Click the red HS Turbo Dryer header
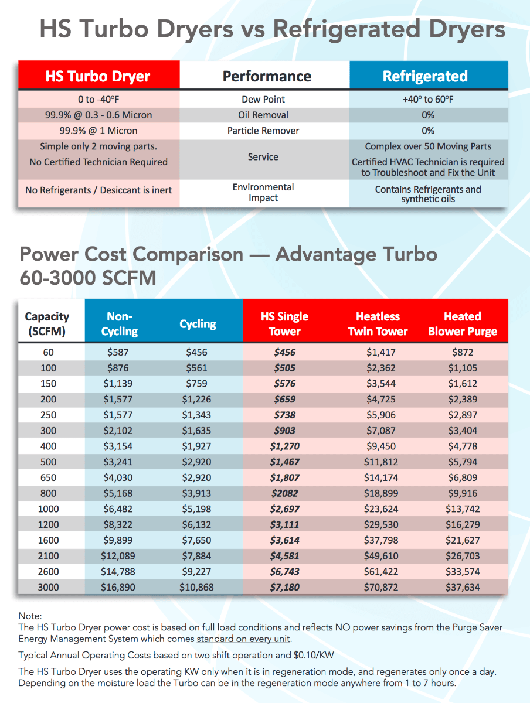(x=98, y=76)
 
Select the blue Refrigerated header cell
(x=425, y=76)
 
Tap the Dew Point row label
(x=263, y=100)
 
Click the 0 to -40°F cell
(x=98, y=100)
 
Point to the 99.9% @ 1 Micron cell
(x=98, y=131)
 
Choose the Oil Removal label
(x=263, y=115)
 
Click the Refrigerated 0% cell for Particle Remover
(x=428, y=131)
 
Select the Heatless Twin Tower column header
(x=378, y=324)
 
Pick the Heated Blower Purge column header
(x=463, y=324)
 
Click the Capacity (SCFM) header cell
(x=47, y=324)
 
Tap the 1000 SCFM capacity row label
(x=49, y=509)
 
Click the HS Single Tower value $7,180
(x=285, y=587)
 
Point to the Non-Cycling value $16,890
(x=120, y=587)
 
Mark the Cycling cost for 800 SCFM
(x=196, y=493)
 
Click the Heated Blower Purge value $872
(x=463, y=353)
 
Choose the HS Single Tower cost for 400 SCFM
(x=285, y=446)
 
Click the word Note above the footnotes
(x=30, y=616)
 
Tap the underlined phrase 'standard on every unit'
(x=243, y=639)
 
